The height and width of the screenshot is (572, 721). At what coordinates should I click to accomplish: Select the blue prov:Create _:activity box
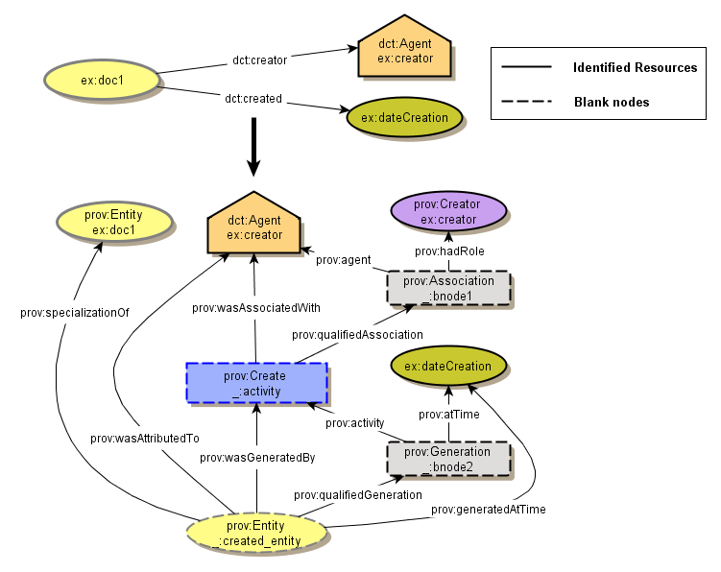255,383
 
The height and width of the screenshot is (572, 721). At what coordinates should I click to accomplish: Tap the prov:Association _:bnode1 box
448,288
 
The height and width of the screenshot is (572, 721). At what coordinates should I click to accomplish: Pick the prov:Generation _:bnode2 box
447,459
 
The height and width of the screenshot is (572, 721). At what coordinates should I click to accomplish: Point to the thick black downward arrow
254,146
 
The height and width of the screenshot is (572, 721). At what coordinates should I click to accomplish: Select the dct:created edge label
253,99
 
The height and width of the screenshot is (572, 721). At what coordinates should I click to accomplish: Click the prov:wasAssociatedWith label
256,307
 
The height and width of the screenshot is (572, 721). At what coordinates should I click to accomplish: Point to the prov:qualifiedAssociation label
357,334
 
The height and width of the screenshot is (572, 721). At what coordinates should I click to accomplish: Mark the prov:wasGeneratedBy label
257,457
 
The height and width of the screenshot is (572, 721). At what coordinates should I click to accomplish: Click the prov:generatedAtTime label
488,509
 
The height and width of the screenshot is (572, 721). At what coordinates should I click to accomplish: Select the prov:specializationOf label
74,312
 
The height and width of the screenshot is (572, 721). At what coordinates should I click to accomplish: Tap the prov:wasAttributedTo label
144,438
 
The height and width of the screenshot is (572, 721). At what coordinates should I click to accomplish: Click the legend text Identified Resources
635,68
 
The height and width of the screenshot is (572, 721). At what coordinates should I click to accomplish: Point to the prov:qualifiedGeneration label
357,494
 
